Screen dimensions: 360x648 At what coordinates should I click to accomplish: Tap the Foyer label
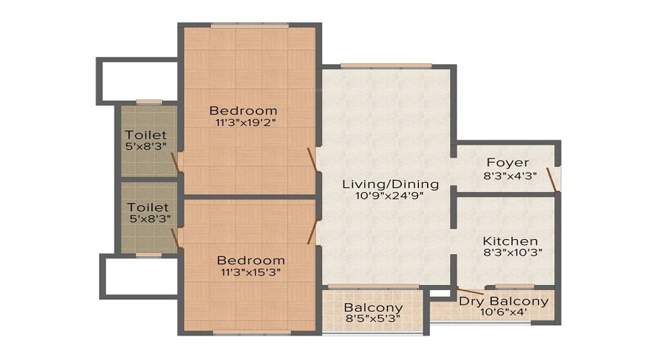[508, 163]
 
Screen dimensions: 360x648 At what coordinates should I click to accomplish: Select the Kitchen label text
[510, 240]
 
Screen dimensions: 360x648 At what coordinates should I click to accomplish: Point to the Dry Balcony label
[503, 301]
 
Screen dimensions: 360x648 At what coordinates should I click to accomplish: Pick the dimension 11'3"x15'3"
[251, 272]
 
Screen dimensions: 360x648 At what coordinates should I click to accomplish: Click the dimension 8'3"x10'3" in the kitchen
[510, 253]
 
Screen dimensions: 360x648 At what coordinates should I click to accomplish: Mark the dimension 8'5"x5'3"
[373, 318]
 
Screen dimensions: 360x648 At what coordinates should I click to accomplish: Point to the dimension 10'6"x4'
[503, 313]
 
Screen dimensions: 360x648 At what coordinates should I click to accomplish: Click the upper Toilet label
[146, 135]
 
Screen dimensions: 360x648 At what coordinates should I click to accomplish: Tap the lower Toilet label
[146, 207]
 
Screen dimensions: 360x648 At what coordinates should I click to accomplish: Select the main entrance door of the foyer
[552, 179]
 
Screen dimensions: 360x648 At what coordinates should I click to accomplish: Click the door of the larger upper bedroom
[312, 159]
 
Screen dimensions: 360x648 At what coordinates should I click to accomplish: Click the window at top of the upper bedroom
[250, 26]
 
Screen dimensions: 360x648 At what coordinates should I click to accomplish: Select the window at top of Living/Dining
[386, 66]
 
